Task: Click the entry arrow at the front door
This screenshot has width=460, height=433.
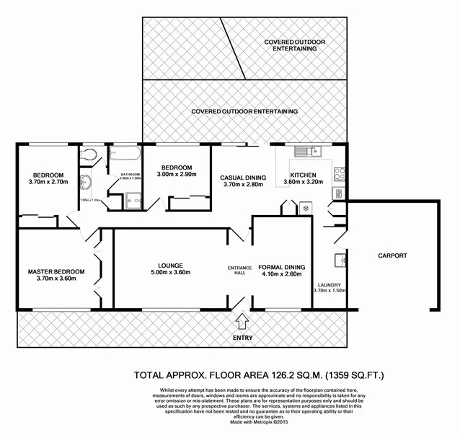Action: [241, 317]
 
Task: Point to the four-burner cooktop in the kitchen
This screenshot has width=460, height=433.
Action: [340, 172]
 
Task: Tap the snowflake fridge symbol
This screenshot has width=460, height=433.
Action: [305, 209]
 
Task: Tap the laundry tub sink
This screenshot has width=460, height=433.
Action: [340, 261]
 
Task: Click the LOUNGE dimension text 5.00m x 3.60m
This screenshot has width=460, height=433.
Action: [170, 273]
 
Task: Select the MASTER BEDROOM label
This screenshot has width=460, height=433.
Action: [56, 271]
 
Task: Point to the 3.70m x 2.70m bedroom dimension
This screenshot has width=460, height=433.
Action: [48, 183]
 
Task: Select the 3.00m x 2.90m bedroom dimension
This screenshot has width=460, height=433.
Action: [177, 175]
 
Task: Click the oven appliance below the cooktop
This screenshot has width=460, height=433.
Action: [337, 193]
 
